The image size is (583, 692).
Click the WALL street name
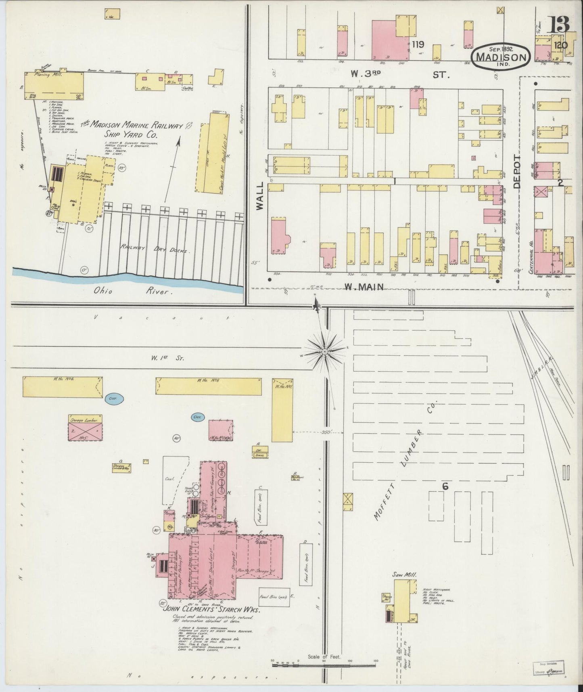(x=259, y=195)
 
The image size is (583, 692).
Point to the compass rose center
(x=324, y=352)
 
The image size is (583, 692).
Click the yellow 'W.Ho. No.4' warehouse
(x=63, y=386)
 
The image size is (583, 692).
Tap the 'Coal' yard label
(x=169, y=479)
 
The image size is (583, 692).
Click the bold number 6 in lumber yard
(x=445, y=486)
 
